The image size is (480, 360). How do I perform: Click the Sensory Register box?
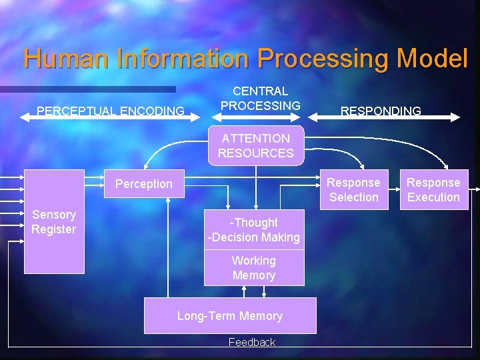click(x=54, y=222)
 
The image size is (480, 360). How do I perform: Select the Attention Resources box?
click(x=256, y=145)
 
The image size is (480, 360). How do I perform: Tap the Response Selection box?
click(x=353, y=190)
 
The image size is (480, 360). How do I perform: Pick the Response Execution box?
click(x=433, y=190)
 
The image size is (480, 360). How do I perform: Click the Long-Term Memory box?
click(x=230, y=315)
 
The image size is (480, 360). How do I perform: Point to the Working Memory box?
click(x=254, y=268)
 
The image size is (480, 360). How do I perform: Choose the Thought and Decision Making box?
click(x=254, y=230)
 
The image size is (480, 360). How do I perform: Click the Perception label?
click(x=143, y=184)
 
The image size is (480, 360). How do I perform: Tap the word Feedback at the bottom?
click(x=251, y=342)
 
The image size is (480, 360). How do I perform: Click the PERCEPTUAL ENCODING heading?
click(x=111, y=111)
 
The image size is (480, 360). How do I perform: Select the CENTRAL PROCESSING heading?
click(x=261, y=98)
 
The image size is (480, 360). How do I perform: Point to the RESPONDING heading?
click(x=381, y=111)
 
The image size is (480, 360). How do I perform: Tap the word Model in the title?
click(x=432, y=59)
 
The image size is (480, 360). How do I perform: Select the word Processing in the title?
click(x=325, y=59)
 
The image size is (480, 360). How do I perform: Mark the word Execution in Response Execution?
click(x=433, y=197)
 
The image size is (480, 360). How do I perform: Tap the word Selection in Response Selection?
click(x=353, y=197)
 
